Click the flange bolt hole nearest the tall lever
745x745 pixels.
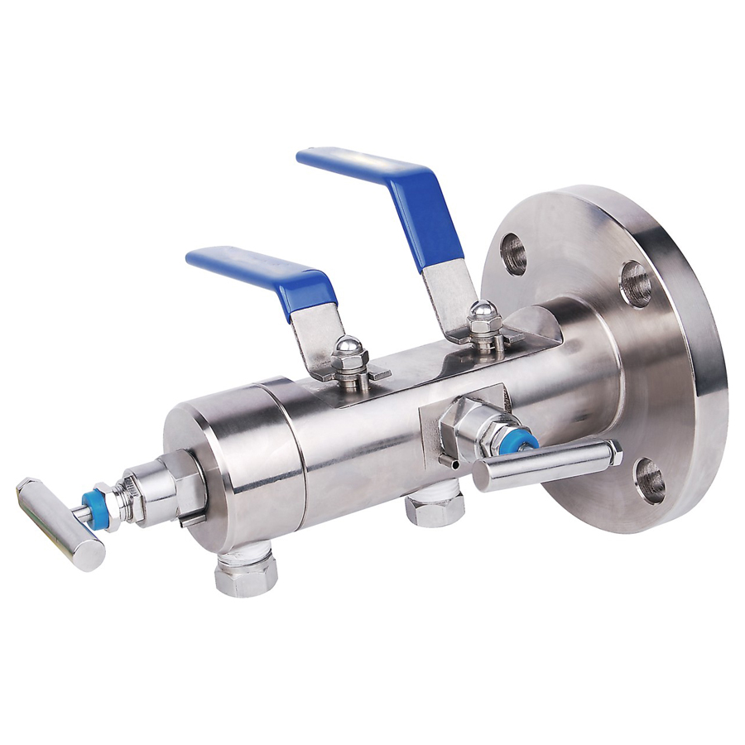(513, 253)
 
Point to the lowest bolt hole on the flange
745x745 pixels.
(650, 480)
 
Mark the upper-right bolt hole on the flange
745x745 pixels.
(635, 283)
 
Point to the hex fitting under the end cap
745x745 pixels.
(246, 574)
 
